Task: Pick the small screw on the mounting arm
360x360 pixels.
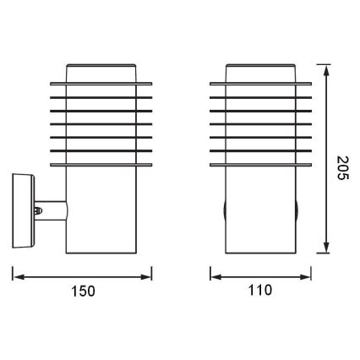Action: [37, 205]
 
